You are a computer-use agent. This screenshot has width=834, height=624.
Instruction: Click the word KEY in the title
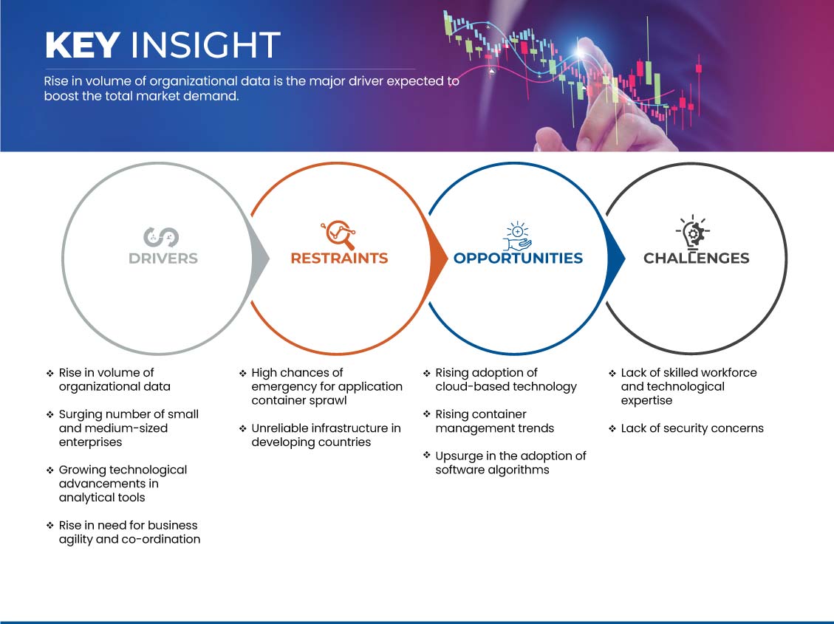(x=82, y=45)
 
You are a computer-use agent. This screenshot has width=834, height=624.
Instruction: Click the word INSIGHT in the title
(x=205, y=45)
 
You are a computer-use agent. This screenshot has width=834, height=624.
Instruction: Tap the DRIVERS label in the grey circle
(x=163, y=258)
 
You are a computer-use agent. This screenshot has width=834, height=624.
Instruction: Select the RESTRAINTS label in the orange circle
(x=339, y=258)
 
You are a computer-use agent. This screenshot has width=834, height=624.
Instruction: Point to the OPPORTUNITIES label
(x=518, y=258)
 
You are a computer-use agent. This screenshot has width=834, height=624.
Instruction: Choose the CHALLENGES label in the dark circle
(x=697, y=258)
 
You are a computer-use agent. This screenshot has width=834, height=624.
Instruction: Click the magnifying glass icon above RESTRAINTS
(x=338, y=234)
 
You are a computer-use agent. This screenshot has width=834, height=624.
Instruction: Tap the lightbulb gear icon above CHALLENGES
(x=693, y=232)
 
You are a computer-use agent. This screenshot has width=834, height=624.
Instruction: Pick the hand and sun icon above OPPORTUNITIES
(x=518, y=236)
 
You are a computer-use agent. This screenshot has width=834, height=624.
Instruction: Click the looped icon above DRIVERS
(x=161, y=237)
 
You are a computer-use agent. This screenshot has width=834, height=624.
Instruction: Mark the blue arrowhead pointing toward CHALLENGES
(x=616, y=258)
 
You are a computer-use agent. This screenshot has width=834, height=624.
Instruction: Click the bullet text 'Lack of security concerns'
(x=692, y=428)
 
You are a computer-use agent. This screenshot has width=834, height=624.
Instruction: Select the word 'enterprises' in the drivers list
(x=90, y=442)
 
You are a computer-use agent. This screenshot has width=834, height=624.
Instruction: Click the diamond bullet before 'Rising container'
(x=426, y=414)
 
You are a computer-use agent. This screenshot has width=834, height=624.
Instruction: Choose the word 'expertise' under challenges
(x=647, y=401)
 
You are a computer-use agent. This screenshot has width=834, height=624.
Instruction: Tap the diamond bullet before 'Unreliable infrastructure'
(x=242, y=428)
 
